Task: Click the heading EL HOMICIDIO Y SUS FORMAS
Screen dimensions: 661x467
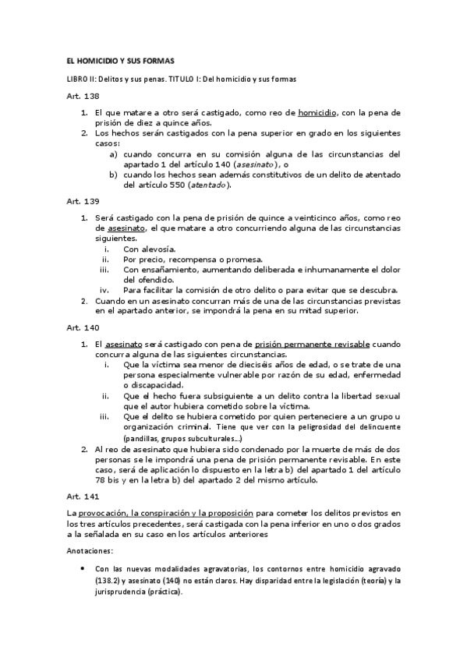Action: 120,61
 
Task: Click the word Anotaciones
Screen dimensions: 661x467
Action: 90,550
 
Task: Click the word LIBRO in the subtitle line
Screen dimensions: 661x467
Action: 76,80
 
